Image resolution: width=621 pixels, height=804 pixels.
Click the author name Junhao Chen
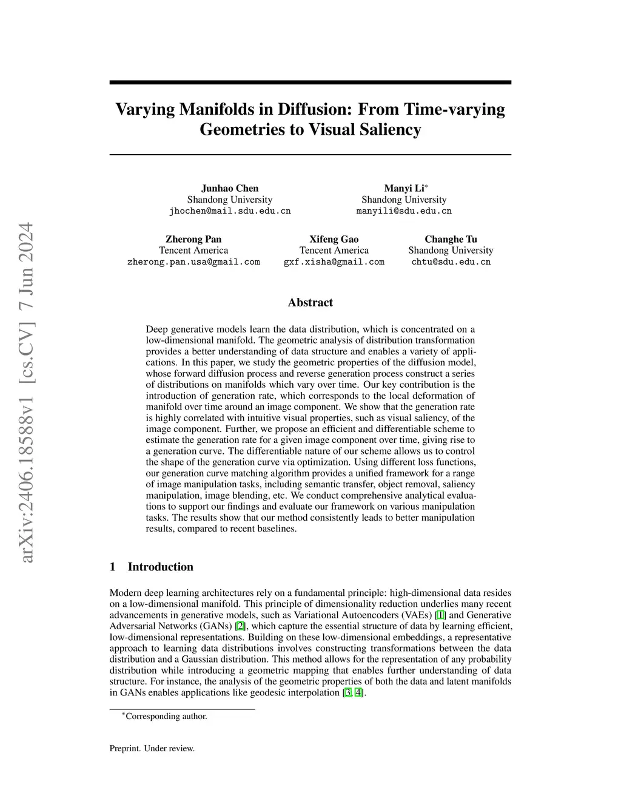pos(230,188)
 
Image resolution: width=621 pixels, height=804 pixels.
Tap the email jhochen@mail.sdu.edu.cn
pos(230,211)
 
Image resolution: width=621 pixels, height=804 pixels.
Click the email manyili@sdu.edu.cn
pos(404,211)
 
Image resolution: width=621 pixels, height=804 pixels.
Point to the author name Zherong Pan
pos(193,239)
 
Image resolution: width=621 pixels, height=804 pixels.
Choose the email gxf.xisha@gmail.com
pos(334,262)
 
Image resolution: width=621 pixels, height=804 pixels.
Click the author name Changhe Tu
pos(451,239)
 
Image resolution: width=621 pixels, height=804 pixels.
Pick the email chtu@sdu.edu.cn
pos(451,262)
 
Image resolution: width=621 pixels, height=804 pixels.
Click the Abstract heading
pos(310,302)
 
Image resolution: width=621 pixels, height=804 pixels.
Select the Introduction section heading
pos(160,567)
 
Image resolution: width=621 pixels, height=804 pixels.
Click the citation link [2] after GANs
pos(241,626)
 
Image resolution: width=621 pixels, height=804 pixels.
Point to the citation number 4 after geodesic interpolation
pos(358,692)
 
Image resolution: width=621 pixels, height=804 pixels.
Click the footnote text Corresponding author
pos(166,716)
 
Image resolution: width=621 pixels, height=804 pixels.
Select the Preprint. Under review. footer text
pos(152,748)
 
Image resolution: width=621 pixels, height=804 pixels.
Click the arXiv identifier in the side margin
pos(27,392)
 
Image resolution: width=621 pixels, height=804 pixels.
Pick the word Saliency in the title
pos(390,129)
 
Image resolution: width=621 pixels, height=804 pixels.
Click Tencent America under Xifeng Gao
pos(334,250)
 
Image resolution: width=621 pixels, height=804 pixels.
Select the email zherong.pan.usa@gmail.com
pos(193,262)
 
